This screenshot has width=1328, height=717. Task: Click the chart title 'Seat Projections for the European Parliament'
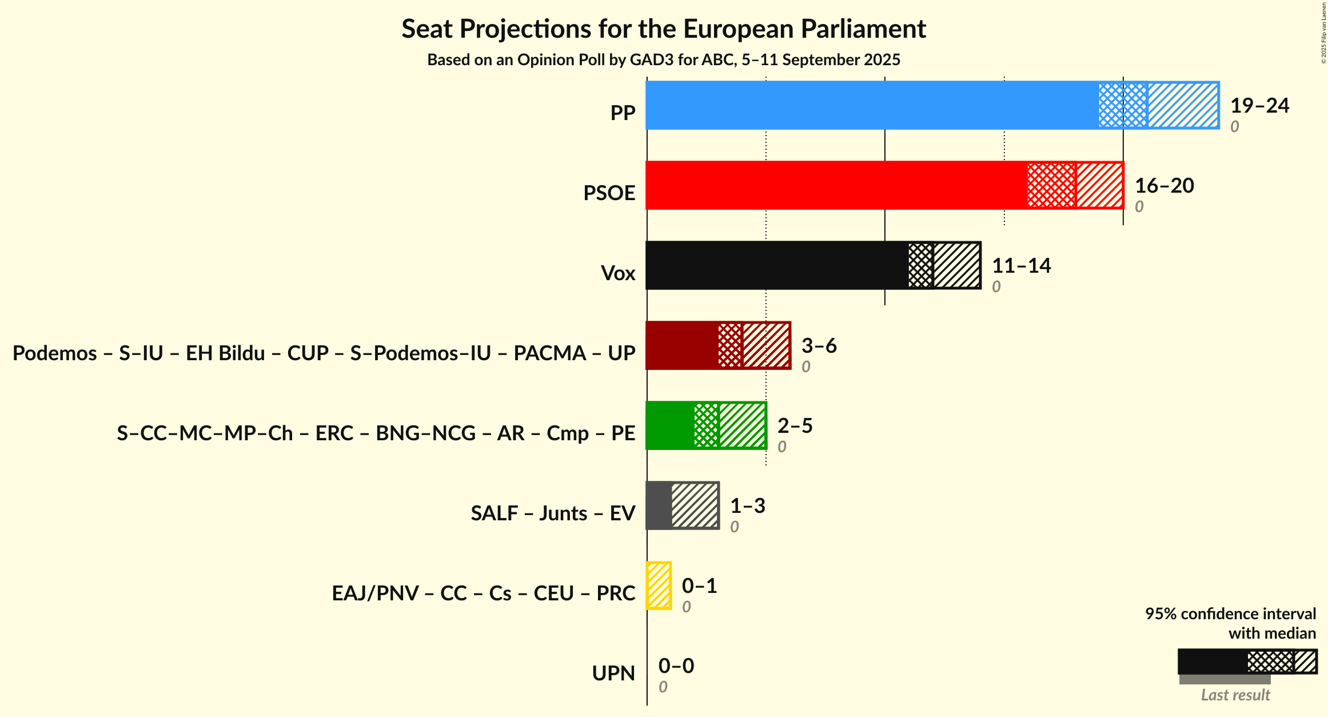coord(663,29)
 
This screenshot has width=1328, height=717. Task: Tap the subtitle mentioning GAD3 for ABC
coord(663,60)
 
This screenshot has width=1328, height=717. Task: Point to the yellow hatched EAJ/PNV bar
coord(659,585)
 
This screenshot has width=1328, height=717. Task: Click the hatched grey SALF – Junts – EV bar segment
coord(695,505)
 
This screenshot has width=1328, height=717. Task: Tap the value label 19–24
coord(1259,106)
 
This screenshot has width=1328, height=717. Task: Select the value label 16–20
coord(1164,186)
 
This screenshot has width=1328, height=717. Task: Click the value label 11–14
coord(1021,266)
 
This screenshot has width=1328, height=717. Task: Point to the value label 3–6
coord(819,346)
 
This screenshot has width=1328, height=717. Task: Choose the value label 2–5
coord(795,426)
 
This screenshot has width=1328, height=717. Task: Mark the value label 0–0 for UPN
coord(676,666)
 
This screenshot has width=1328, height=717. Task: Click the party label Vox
coord(617,273)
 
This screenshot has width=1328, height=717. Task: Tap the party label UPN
coord(613,674)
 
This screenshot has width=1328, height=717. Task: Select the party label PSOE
coord(609,193)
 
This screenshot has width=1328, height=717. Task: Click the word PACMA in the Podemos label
coord(549,353)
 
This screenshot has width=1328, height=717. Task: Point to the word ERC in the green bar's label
coord(334,433)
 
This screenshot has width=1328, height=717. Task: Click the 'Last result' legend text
coord(1235,695)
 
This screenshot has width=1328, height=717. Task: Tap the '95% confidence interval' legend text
coord(1230,614)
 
